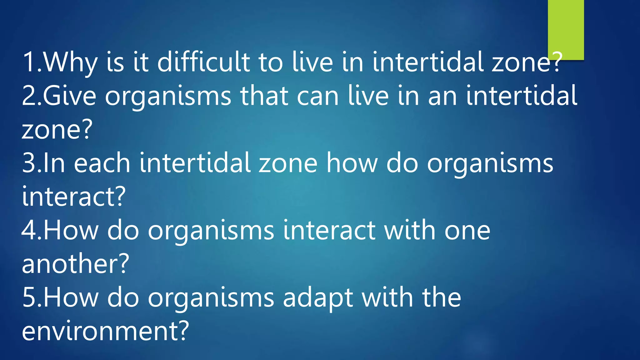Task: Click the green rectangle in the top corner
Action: coord(566,30)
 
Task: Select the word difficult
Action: coord(203,62)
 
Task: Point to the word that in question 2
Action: coord(264,96)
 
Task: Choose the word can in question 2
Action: coord(317,96)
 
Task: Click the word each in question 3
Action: coord(102,163)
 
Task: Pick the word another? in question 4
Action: coord(75,263)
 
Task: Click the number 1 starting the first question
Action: coord(30,62)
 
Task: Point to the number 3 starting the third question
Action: coord(29,163)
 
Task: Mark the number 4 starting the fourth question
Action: coord(29,230)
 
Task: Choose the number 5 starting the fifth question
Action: coord(29,297)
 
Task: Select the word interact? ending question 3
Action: coord(74,197)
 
